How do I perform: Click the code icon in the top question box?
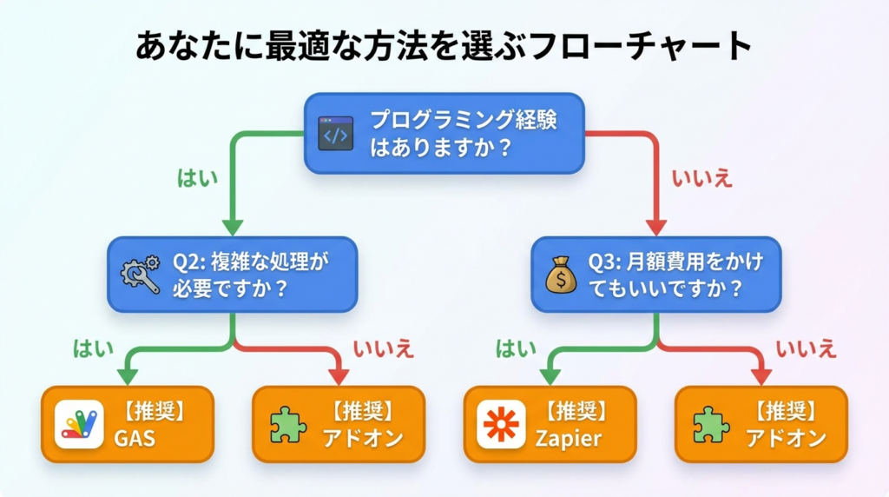click(x=336, y=134)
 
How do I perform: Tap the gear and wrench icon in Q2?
click(x=140, y=275)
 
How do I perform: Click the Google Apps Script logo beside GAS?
click(x=79, y=424)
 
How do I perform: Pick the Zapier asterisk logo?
click(x=501, y=424)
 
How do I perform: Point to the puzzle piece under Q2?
click(x=288, y=424)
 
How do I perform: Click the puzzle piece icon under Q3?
click(x=711, y=424)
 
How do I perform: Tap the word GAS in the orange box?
click(x=135, y=438)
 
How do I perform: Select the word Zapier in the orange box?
click(x=569, y=438)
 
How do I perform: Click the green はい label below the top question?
click(x=197, y=178)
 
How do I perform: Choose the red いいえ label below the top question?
click(x=702, y=178)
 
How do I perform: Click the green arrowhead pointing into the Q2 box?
click(x=233, y=228)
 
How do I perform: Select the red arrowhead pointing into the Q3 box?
click(x=655, y=228)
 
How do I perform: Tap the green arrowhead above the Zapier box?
click(x=550, y=376)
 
